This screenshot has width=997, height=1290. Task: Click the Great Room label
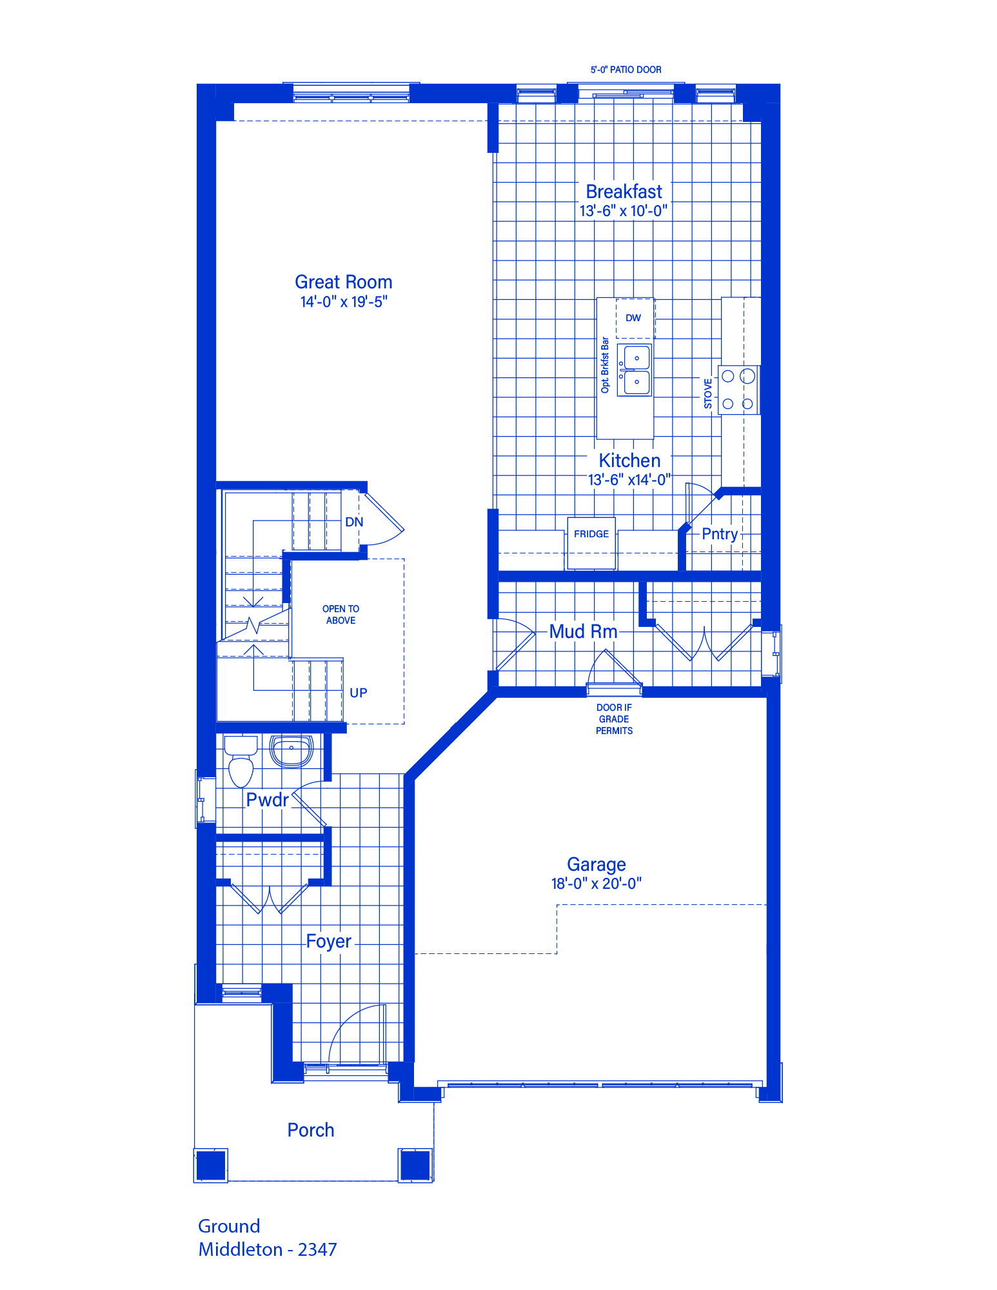tap(344, 282)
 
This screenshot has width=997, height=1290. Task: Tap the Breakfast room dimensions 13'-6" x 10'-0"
tap(623, 211)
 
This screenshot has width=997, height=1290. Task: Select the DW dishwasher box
tap(635, 318)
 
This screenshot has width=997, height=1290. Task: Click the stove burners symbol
tap(738, 390)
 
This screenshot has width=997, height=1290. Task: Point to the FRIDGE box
tap(591, 543)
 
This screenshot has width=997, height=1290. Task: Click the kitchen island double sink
tap(635, 370)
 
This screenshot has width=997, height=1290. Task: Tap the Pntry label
tap(720, 534)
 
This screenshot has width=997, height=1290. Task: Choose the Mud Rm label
tap(584, 631)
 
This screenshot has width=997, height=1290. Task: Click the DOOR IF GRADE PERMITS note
tap(614, 719)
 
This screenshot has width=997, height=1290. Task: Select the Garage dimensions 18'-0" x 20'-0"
tap(597, 884)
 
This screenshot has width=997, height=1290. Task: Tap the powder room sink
tap(291, 751)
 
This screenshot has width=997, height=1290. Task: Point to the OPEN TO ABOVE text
tap(341, 615)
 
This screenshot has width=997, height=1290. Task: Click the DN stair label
tap(354, 522)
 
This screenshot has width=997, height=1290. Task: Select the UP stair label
tap(359, 693)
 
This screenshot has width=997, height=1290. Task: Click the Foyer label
tap(329, 942)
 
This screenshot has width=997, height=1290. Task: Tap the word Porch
tap(311, 1130)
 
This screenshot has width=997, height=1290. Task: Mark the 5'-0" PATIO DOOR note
tap(626, 70)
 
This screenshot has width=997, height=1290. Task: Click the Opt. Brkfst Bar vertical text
tap(605, 365)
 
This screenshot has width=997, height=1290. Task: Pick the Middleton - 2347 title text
tap(268, 1249)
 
